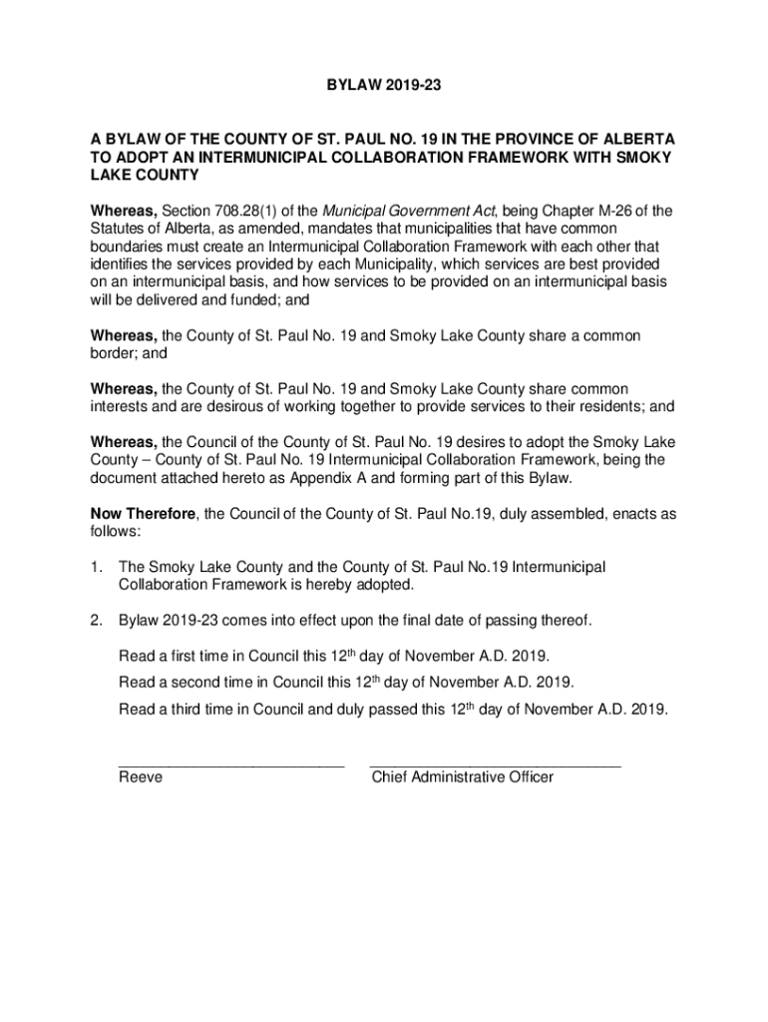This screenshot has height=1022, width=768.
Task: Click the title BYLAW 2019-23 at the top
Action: click(384, 89)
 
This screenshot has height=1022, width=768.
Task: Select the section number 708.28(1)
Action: click(253, 210)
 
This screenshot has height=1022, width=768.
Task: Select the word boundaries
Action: click(131, 246)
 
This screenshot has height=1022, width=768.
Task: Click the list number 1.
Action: click(97, 567)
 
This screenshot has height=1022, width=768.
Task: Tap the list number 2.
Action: click(97, 621)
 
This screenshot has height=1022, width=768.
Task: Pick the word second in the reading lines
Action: click(196, 683)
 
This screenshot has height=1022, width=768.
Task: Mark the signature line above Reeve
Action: click(230, 766)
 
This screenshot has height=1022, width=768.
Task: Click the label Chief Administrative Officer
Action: click(462, 777)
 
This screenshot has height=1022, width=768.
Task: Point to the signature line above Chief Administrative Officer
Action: click(495, 766)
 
